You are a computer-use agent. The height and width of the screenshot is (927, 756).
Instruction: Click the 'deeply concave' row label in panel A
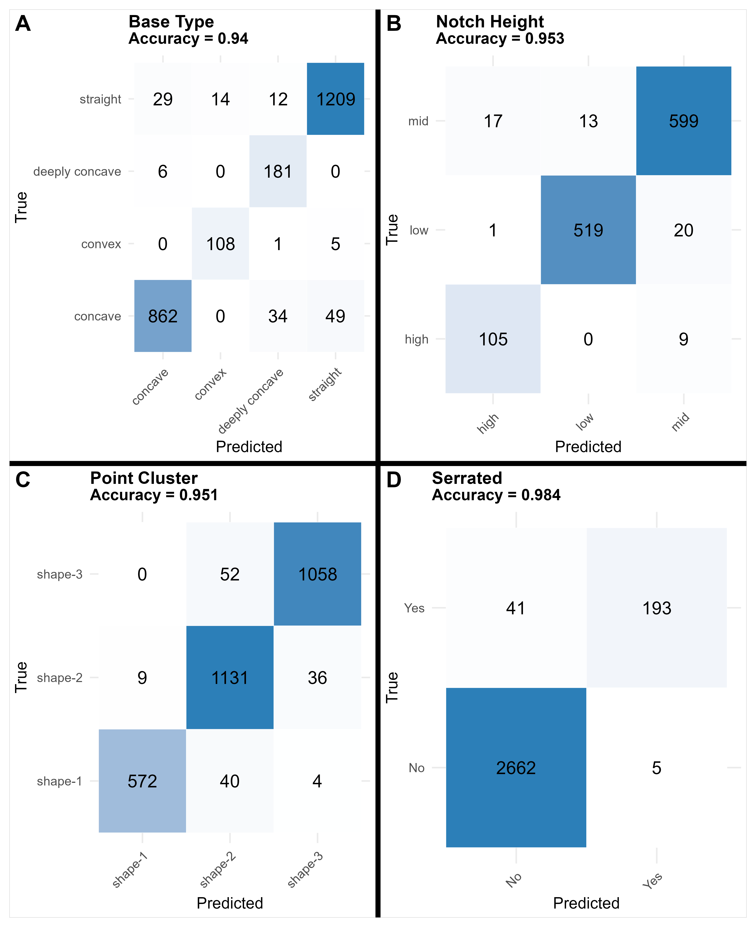(x=77, y=172)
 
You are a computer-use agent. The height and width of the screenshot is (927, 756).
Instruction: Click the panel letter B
(x=394, y=24)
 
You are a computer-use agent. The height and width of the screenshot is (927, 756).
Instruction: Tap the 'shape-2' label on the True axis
(x=60, y=677)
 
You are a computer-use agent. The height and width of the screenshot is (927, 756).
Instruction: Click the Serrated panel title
(x=467, y=478)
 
